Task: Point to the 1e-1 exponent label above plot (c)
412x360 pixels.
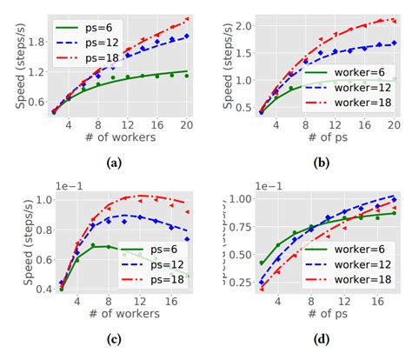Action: click(x=56, y=186)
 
